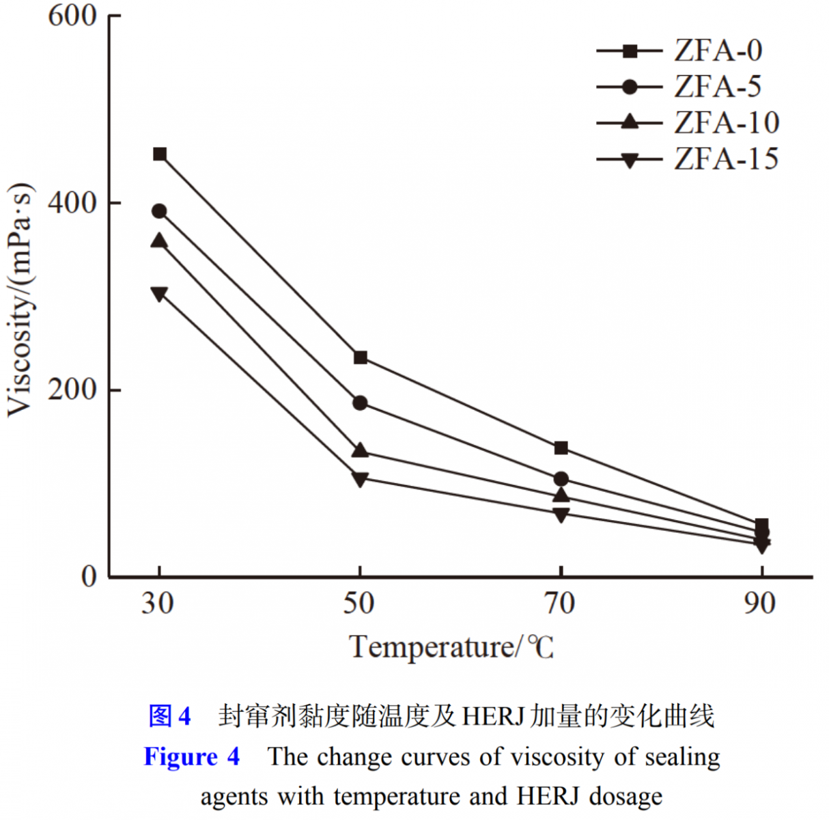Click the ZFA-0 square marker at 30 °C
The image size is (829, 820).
pos(160,154)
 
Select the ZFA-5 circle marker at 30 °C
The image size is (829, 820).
pos(159,211)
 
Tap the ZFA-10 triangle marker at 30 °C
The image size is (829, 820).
pos(159,241)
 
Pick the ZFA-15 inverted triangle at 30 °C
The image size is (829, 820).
pos(159,294)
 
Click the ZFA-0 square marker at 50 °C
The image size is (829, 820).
pos(361,357)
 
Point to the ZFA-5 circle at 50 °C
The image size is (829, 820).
pos(360,403)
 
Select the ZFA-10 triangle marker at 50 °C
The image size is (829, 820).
pos(360,450)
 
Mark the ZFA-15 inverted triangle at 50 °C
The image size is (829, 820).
pos(360,478)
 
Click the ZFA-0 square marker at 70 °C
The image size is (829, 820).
pos(561,448)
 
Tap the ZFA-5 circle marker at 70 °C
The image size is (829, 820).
pos(561,479)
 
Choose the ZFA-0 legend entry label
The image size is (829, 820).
pos(718,51)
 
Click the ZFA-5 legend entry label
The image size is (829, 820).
pos(718,87)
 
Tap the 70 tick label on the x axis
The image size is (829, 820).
pos(560,603)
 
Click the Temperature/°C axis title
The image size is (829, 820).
pos(451,646)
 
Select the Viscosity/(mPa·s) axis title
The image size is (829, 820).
pos(20,299)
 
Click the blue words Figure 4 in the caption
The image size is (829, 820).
pos(192,757)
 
